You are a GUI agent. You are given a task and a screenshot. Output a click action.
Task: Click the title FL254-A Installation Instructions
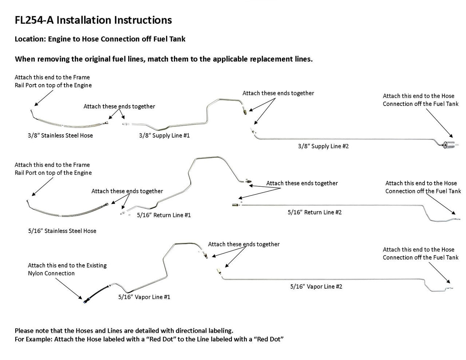click(x=93, y=20)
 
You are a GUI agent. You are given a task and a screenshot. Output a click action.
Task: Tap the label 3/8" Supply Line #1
click(x=164, y=135)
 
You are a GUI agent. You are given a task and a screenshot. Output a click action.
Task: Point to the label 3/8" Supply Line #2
click(x=323, y=146)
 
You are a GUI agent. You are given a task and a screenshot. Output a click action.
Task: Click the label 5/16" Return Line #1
click(x=164, y=215)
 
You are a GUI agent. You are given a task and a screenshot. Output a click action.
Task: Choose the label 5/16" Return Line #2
click(x=315, y=212)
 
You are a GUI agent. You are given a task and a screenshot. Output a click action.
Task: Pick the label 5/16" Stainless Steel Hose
click(x=62, y=231)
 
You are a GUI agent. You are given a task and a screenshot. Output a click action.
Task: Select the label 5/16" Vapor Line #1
click(x=144, y=297)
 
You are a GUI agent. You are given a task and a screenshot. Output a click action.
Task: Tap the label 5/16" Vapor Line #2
click(x=316, y=286)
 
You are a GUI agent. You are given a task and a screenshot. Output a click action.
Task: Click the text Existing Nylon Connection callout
click(x=67, y=269)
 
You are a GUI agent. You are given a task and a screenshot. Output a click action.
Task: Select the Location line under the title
click(x=100, y=39)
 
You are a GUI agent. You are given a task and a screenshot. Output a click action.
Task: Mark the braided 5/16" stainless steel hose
click(x=66, y=213)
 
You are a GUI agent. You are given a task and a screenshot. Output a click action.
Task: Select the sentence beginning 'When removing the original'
click(x=163, y=59)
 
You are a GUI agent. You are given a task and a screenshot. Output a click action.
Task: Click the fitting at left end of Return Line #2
click(x=235, y=205)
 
